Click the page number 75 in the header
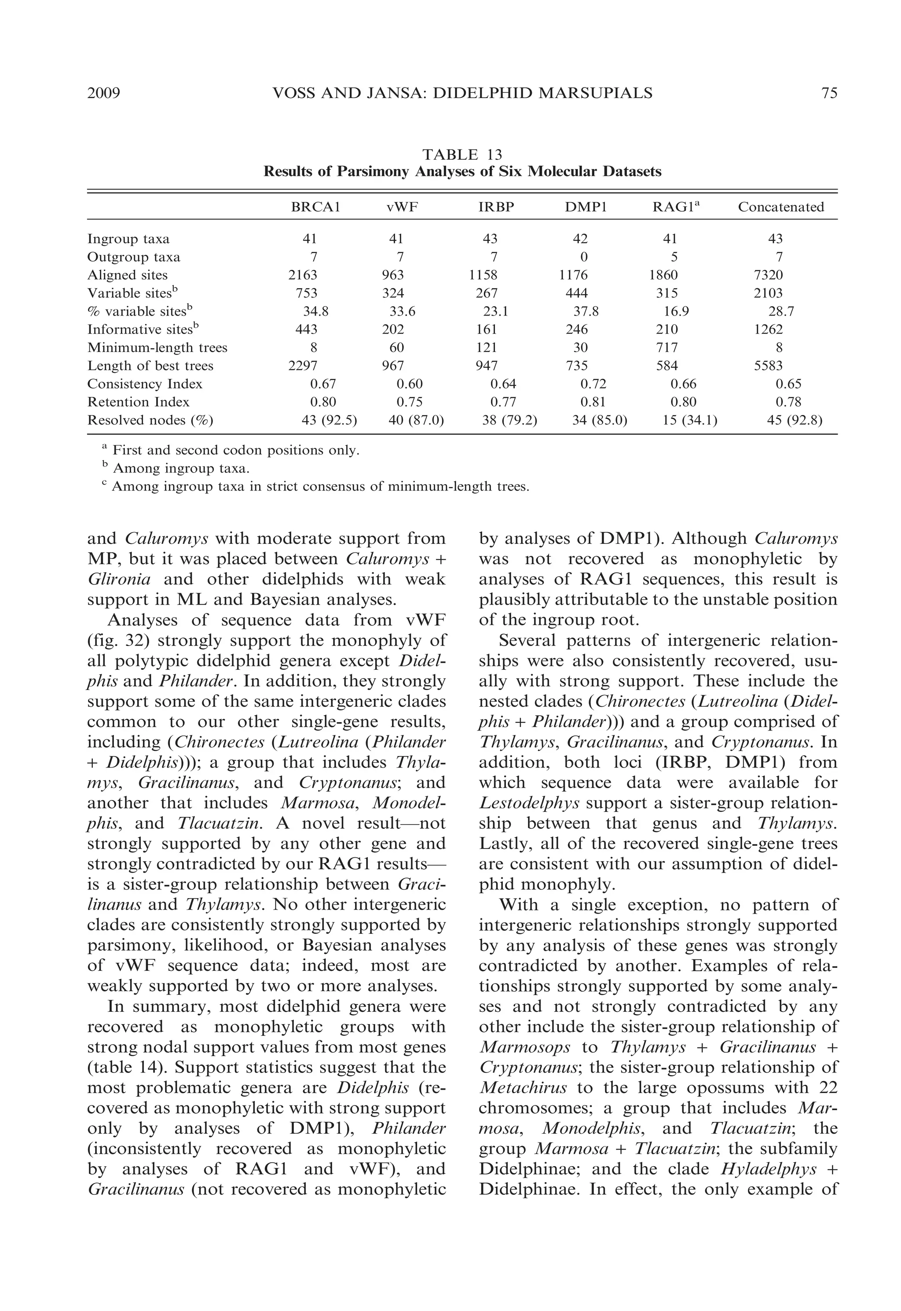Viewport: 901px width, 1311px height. tap(829, 93)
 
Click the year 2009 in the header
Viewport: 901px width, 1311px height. tap(104, 93)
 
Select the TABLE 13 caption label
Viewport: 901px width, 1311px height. tap(462, 154)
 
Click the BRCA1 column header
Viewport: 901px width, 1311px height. tap(315, 207)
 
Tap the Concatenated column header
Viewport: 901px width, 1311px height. tap(781, 207)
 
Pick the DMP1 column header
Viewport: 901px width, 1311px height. tap(586, 207)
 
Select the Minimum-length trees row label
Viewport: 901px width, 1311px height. tap(157, 348)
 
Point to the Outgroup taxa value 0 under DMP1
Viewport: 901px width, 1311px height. tap(584, 257)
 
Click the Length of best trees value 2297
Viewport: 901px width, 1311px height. tap(303, 366)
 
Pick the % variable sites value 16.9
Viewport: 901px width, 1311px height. tap(676, 311)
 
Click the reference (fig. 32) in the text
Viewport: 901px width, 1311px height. tap(117, 641)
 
